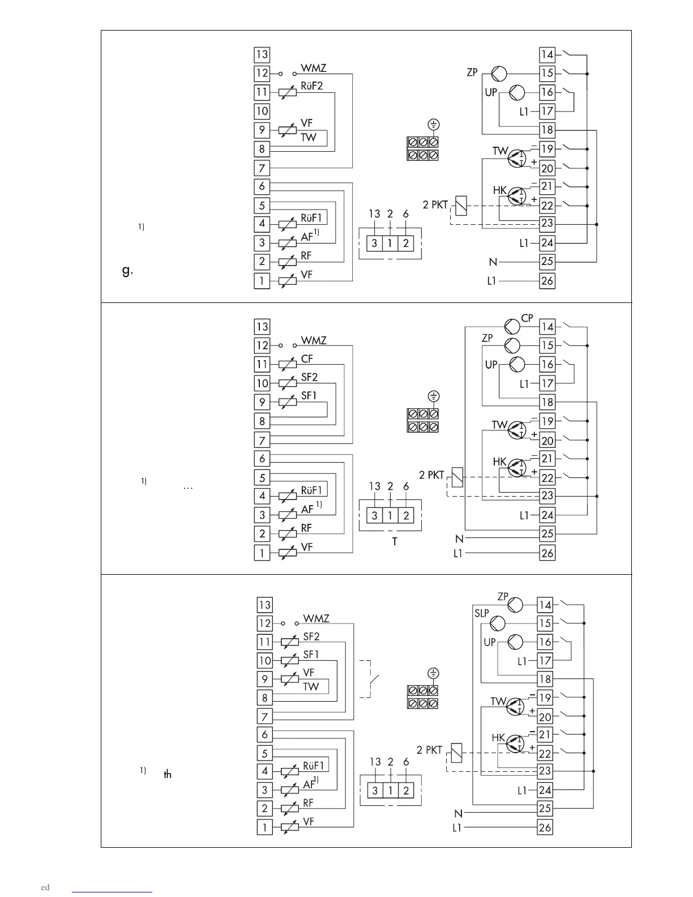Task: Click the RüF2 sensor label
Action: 311,86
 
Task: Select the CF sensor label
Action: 307,358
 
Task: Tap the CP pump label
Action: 527,318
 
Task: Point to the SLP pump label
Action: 481,613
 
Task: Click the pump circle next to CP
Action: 512,326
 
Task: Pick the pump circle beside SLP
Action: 497,623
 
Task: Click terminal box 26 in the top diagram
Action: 547,280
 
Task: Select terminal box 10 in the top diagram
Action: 262,111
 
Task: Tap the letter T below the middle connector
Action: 395,542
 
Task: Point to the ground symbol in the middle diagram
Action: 434,396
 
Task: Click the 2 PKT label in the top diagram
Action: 435,205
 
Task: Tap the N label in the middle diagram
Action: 459,539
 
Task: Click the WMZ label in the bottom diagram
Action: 316,618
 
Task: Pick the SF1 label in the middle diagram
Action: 309,396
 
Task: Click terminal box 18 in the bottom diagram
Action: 545,679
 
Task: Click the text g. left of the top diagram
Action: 127,271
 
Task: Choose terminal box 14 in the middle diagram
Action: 547,326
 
